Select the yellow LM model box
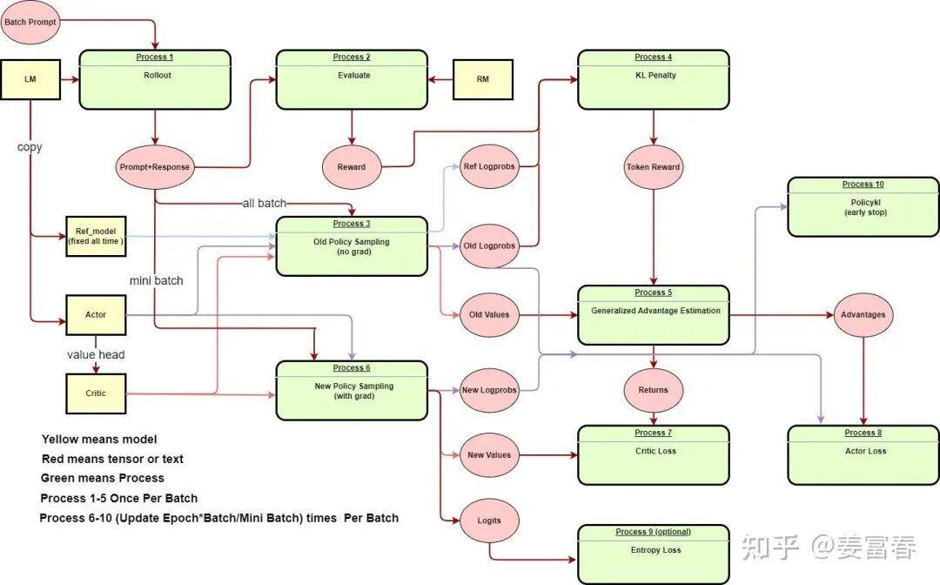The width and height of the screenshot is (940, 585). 30,79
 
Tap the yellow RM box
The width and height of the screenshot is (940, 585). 483,79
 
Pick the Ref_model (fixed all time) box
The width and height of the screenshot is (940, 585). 95,235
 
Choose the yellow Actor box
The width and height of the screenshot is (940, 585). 96,314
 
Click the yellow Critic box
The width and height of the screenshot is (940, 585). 96,393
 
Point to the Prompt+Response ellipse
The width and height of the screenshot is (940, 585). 155,167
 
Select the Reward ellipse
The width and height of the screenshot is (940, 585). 352,167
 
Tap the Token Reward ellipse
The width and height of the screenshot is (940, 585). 653,166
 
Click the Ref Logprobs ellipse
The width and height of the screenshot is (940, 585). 489,167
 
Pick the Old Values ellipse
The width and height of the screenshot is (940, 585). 489,314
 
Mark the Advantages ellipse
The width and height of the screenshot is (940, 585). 863,314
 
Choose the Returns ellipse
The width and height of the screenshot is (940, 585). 653,390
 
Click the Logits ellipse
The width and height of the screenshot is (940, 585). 489,521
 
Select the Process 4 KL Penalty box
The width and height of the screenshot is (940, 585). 653,79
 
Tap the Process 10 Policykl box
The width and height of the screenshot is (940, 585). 863,206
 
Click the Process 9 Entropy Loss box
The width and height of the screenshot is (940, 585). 653,554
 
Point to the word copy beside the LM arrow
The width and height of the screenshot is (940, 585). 30,147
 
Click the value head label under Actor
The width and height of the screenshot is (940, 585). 96,354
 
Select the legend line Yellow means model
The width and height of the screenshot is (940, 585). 99,440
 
